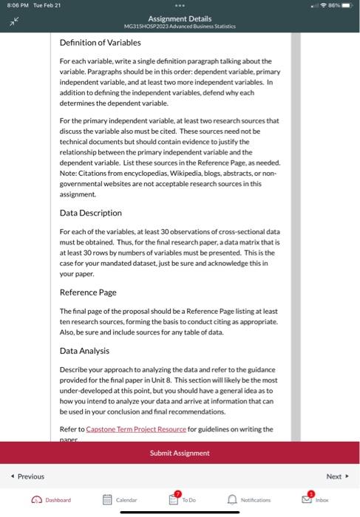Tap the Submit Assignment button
(180, 453)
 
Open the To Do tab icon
(180, 499)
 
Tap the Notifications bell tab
(248, 500)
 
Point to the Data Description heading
(90, 213)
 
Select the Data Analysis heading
(84, 351)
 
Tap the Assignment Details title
(180, 18)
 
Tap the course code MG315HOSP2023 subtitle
(180, 26)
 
